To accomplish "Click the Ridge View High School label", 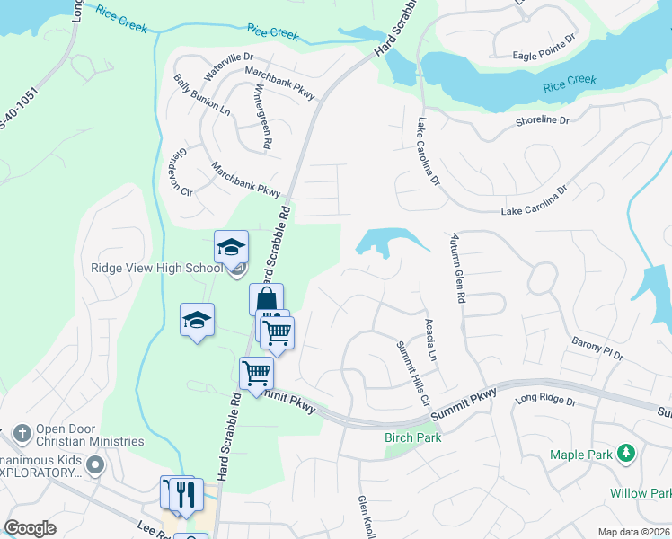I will pyautogui.click(x=157, y=268).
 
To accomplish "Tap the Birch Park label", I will pyautogui.click(x=412, y=437).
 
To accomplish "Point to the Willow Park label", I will pyautogui.click(x=640, y=493).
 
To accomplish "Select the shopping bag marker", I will pyautogui.click(x=266, y=300).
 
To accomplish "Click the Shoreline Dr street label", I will pyautogui.click(x=543, y=120).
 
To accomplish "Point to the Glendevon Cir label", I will pyautogui.click(x=185, y=172).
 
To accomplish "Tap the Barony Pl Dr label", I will pyautogui.click(x=597, y=349).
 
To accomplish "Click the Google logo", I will pyautogui.click(x=30, y=527).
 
